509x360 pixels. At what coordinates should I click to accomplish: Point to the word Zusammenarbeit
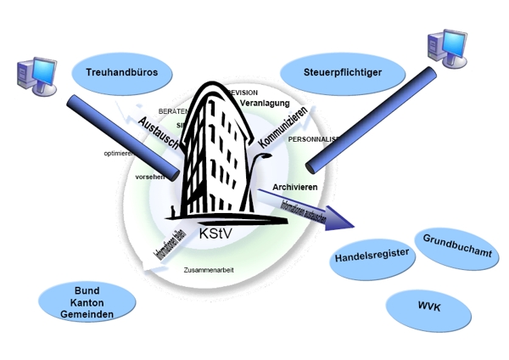[209, 270]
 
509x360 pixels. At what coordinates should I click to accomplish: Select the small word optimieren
[119, 154]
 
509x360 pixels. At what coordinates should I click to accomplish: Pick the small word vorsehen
[149, 177]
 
